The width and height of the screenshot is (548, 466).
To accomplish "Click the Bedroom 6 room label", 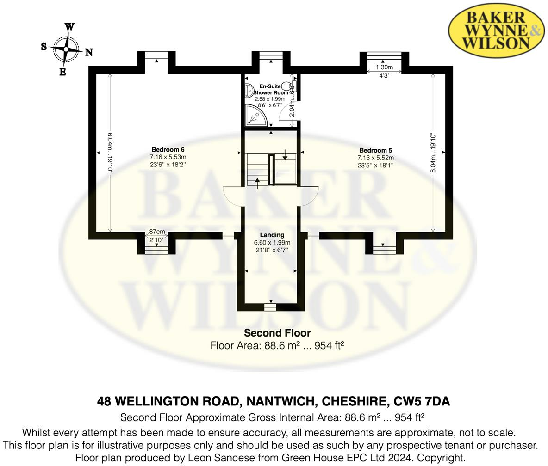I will (168, 149).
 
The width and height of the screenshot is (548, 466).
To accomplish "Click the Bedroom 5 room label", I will (375, 150).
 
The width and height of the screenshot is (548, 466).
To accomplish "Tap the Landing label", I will (272, 235).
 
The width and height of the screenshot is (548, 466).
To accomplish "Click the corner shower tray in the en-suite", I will (255, 115).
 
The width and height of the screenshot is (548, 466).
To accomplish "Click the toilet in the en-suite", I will (292, 86).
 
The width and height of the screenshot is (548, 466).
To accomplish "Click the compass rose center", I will (66, 49).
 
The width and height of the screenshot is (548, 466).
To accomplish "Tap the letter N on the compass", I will (89, 52).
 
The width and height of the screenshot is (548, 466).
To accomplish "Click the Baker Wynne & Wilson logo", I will (496, 31).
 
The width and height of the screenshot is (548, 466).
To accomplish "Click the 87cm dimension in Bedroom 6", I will (157, 232).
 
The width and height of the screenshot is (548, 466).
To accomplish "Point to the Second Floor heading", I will (277, 333).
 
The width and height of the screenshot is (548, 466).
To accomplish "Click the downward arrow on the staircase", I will (285, 154).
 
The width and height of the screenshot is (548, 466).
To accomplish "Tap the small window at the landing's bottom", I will (270, 306).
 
